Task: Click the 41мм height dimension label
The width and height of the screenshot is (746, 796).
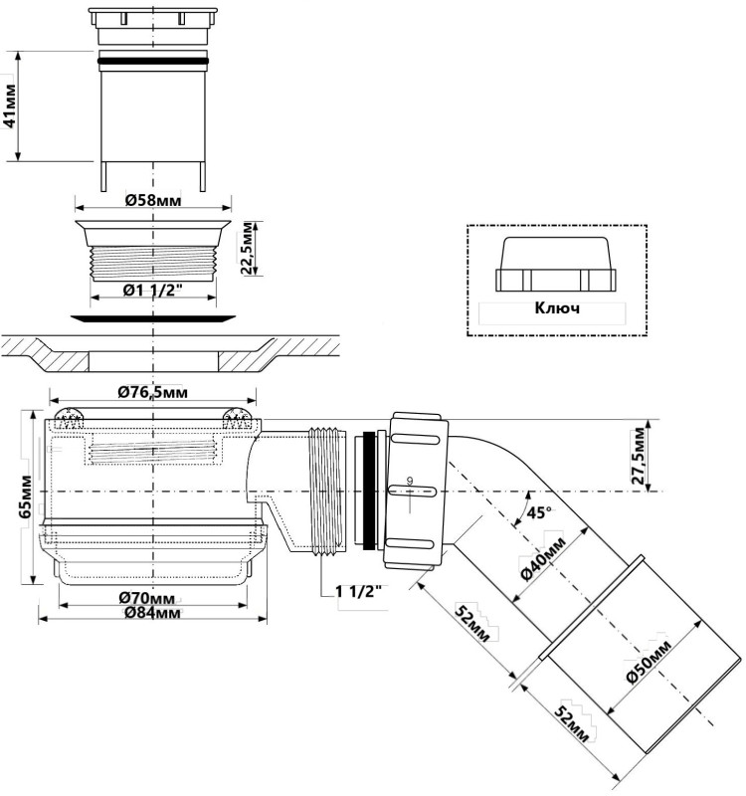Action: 10,105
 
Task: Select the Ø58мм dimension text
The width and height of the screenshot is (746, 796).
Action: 153,201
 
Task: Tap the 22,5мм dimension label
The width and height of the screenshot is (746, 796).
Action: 248,248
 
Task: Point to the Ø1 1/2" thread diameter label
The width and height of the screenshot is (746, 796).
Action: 153,291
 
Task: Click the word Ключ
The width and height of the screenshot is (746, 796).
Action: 557,308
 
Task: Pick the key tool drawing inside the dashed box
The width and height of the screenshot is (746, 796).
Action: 556,264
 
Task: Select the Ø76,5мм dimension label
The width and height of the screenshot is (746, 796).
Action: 153,392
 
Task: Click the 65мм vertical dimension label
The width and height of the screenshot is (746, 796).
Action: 25,497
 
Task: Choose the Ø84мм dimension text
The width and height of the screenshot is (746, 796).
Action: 152,613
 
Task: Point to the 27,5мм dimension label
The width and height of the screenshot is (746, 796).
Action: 638,456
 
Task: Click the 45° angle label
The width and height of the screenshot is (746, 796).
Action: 539,512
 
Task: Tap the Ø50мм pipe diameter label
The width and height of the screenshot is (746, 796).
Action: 649,662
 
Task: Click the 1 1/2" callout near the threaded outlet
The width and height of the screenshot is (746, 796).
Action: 358,591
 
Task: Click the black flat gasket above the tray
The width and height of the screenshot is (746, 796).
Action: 153,318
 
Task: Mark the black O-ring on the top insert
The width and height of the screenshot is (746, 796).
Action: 153,62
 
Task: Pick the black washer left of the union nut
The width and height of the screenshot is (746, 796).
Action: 369,491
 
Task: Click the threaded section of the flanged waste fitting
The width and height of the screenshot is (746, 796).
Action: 153,264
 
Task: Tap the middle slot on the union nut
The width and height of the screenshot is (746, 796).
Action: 412,491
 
